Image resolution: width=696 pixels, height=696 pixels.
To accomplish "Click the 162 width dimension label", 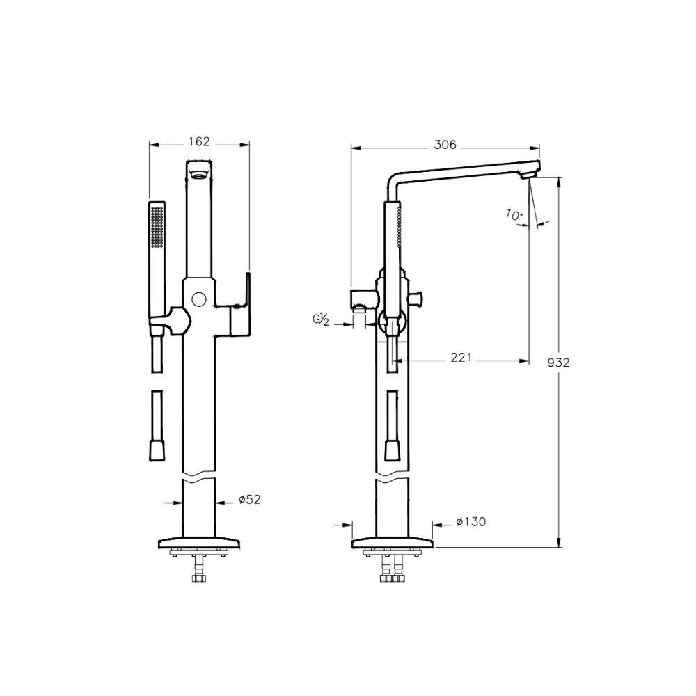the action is [x=199, y=141].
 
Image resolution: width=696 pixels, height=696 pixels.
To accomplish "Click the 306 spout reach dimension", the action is [x=445, y=145].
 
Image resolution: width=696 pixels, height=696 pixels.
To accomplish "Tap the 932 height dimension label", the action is [x=558, y=363].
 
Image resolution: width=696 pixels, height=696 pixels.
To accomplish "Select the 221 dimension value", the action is [x=461, y=357].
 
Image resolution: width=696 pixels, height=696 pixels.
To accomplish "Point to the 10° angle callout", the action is [x=514, y=215].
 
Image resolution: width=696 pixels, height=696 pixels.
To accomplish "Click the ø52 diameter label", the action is [x=249, y=499].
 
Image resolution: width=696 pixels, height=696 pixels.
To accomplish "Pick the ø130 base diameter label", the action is [x=471, y=522].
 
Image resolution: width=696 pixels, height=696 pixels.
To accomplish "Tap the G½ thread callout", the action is [x=320, y=319].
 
